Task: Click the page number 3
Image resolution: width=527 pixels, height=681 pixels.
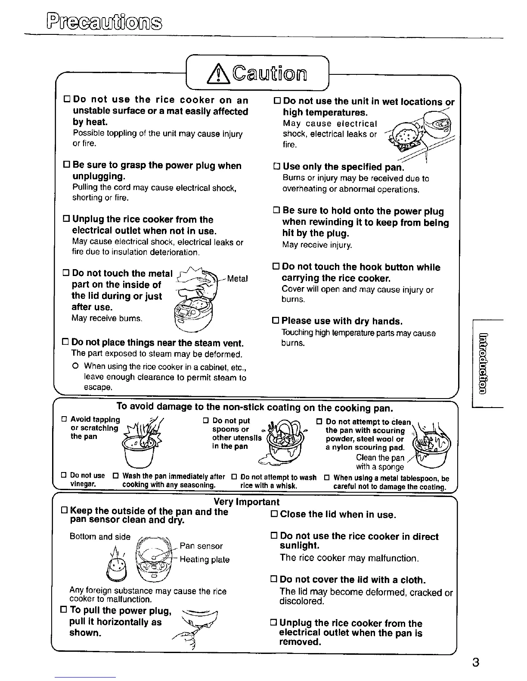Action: tap(475, 662)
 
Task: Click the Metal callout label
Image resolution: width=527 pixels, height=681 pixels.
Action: tap(237, 279)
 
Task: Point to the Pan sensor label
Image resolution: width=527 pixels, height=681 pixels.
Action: tap(201, 546)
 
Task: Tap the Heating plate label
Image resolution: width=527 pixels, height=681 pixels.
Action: tap(205, 559)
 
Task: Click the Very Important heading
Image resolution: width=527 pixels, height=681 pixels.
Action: tap(246, 502)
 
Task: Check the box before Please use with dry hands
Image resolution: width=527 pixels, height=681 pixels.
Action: tap(276, 322)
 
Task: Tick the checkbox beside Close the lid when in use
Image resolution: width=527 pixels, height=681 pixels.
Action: tap(273, 515)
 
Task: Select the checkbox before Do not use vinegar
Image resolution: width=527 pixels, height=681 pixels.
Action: tap(64, 476)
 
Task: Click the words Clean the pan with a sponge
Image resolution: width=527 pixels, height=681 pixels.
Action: tap(380, 462)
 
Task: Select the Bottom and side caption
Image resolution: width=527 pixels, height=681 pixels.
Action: tap(100, 537)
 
